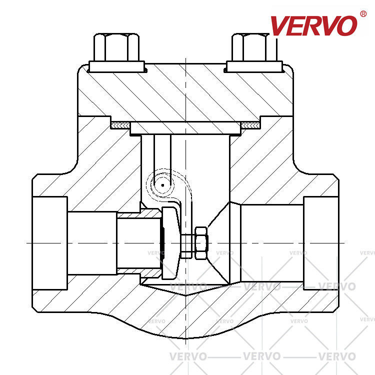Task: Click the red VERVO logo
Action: [314, 25]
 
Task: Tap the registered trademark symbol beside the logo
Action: [363, 14]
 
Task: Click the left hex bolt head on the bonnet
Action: [116, 47]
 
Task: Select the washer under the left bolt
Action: [116, 66]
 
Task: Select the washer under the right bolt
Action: [254, 66]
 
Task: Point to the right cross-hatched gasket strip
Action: [250, 125]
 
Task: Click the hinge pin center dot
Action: [162, 185]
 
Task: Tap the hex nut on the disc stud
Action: [201, 243]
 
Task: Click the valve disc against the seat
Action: [170, 243]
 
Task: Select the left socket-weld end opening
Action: [50, 243]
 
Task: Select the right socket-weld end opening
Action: [321, 243]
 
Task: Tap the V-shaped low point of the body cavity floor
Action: [186, 295]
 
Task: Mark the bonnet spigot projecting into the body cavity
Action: [185, 128]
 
